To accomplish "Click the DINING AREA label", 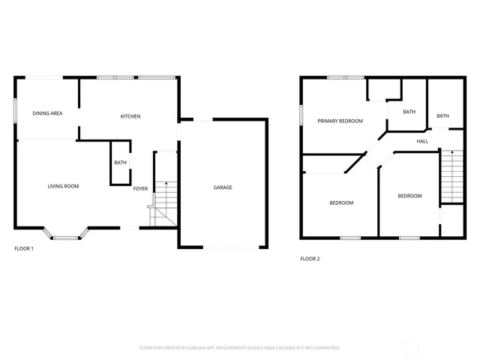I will coord(46,113).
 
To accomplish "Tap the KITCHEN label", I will coord(130,116).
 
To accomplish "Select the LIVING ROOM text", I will coord(63,186).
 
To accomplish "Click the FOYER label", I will coord(140,188).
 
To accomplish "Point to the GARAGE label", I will coord(223,187).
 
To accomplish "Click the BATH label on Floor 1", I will coord(120,163).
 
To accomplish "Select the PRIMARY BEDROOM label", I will coord(340,121).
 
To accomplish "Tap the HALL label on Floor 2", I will coord(422,140).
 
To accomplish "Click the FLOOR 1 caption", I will coord(24,248).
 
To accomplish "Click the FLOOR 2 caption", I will coord(310,259).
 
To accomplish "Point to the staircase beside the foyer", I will coord(163,202).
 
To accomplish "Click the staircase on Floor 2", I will coord(451,176).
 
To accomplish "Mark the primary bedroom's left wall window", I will coord(301,115).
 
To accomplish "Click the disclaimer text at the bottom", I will coord(239,348).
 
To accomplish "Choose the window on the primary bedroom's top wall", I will coord(346,77).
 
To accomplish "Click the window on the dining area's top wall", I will coord(44,77).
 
